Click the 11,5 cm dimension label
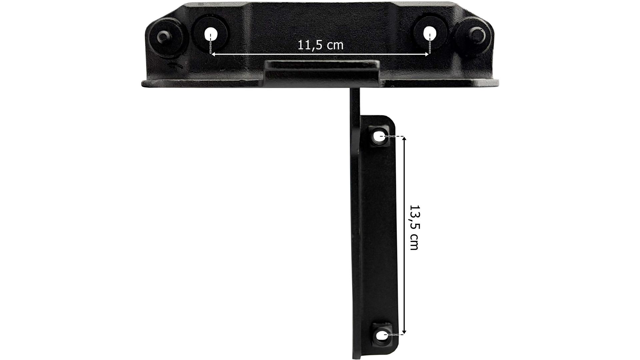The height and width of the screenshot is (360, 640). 320,45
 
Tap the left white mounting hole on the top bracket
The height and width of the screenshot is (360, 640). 210,34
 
